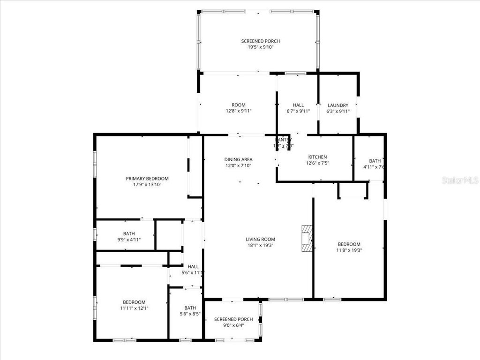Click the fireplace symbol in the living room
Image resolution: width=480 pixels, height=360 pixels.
pos(306,239)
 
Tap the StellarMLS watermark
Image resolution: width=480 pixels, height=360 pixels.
pos(460,180)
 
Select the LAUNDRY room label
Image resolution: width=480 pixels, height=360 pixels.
pos(337,105)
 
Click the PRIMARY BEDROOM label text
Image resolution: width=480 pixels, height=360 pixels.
pos(147,179)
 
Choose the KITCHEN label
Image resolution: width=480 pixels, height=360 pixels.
pos(317,157)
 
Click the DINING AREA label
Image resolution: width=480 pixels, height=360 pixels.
pos(238,159)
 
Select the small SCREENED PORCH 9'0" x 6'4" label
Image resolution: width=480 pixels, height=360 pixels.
pos(233,319)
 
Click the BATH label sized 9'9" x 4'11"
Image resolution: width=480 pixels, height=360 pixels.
pos(129,233)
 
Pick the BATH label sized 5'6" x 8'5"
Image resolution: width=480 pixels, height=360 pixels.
pos(190,308)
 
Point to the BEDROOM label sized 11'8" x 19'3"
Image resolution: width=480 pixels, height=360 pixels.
pos(349,244)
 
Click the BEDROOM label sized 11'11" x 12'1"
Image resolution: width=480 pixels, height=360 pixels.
pos(134,302)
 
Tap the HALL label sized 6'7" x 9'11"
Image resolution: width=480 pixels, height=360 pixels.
pos(298,105)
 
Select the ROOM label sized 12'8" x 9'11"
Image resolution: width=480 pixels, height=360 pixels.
pos(238,105)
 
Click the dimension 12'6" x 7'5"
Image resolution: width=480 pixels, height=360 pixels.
pos(317,163)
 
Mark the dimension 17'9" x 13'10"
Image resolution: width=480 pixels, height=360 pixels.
pos(147,185)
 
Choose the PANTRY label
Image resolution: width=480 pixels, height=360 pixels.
pos(284,140)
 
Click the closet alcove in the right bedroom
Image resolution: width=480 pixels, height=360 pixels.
pos(352,190)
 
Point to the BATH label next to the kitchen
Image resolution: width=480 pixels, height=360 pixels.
pos(375,161)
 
